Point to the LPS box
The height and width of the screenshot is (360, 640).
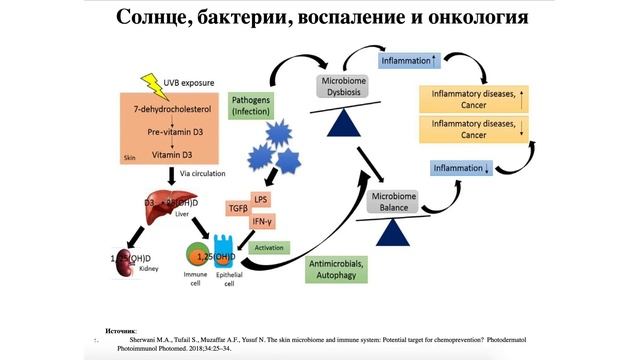point(262,199)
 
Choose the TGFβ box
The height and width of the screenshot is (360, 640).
point(238,209)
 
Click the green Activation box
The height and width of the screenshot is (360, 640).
point(269,247)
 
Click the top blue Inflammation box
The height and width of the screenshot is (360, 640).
point(409,60)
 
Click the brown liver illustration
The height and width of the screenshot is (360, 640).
point(158,201)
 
